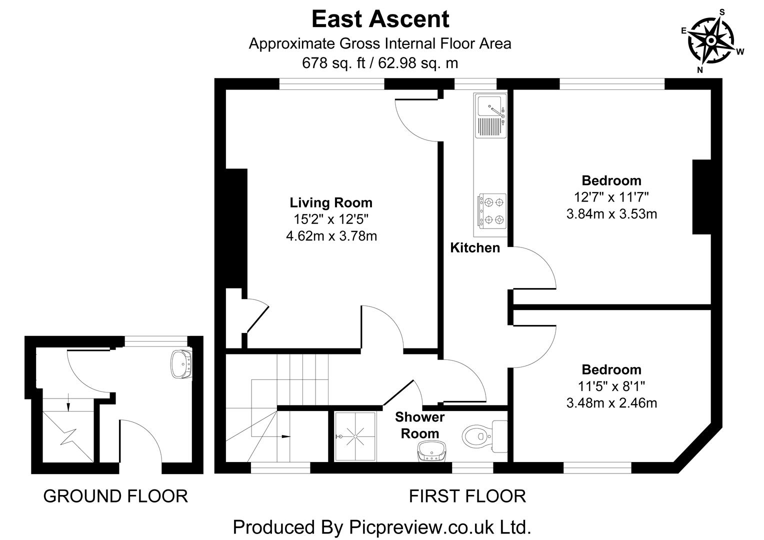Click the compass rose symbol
point(710,40)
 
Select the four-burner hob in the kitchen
point(492,210)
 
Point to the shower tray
point(355,436)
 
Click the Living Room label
point(331,202)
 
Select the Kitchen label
point(474,247)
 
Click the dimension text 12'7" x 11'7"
point(611,197)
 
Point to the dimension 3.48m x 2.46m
point(611,402)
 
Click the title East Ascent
point(380,19)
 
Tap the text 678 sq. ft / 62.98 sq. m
point(380,63)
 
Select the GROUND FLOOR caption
point(115,496)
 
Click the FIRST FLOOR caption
point(467,496)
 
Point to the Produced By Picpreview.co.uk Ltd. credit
point(381,527)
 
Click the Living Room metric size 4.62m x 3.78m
point(331,235)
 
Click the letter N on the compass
point(700,70)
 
